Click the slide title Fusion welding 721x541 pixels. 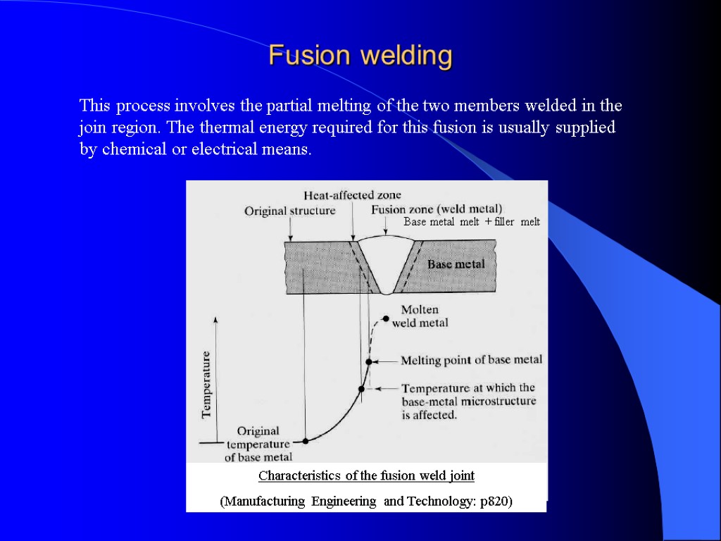[x=360, y=55]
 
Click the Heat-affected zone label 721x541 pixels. [x=352, y=194]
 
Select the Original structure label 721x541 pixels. [x=289, y=211]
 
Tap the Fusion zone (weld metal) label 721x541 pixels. [x=437, y=209]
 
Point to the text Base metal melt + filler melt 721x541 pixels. [x=471, y=222]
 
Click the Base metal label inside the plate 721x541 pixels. [x=456, y=264]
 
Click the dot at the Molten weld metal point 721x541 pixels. [x=386, y=318]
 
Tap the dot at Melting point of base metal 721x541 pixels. [x=368, y=361]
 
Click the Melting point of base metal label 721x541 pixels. [x=471, y=360]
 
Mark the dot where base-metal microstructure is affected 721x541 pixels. [x=362, y=388]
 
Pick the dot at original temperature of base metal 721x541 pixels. [x=306, y=441]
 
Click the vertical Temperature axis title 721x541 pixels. [x=207, y=384]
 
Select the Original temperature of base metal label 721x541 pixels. [x=258, y=444]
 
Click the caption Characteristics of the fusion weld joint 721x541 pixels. [x=366, y=476]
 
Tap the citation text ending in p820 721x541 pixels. [x=366, y=502]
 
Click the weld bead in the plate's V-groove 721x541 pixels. [x=386, y=261]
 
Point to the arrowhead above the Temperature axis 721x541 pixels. [x=216, y=318]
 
